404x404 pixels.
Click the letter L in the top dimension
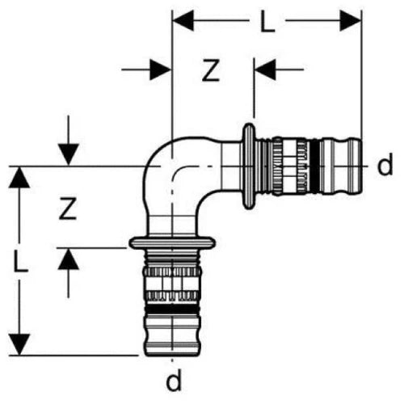(x=267, y=21)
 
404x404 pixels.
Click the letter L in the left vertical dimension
(x=20, y=260)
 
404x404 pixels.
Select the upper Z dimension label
(x=211, y=70)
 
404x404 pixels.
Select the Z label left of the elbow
(x=68, y=208)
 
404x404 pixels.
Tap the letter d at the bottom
(x=174, y=380)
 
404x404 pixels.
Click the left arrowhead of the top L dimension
(x=183, y=20)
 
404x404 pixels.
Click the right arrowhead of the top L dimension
(x=350, y=20)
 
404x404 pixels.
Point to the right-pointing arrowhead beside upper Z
(x=161, y=69)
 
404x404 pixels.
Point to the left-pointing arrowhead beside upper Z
(x=266, y=69)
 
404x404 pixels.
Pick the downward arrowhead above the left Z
(x=69, y=155)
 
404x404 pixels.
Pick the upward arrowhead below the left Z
(x=69, y=259)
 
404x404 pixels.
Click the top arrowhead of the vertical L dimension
(x=19, y=177)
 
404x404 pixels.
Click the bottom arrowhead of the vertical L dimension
(x=19, y=344)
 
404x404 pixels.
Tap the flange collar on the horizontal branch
(x=249, y=166)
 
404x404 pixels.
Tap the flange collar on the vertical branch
(x=172, y=242)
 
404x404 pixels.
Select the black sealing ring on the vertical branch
(x=172, y=309)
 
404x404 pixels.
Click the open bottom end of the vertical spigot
(x=172, y=355)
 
